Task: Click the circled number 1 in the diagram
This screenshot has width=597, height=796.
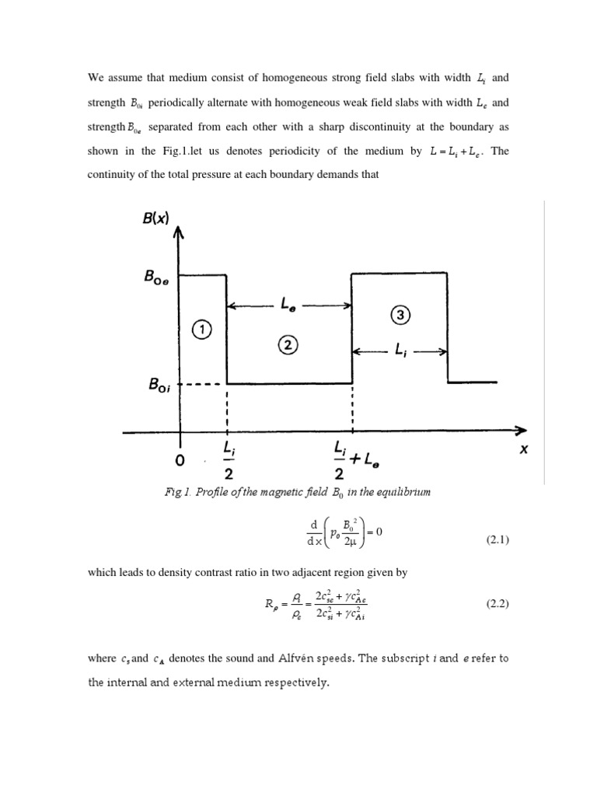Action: pyautogui.click(x=202, y=330)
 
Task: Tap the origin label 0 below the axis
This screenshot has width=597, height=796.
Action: pyautogui.click(x=180, y=460)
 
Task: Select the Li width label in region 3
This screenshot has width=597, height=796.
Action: pyautogui.click(x=403, y=352)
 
